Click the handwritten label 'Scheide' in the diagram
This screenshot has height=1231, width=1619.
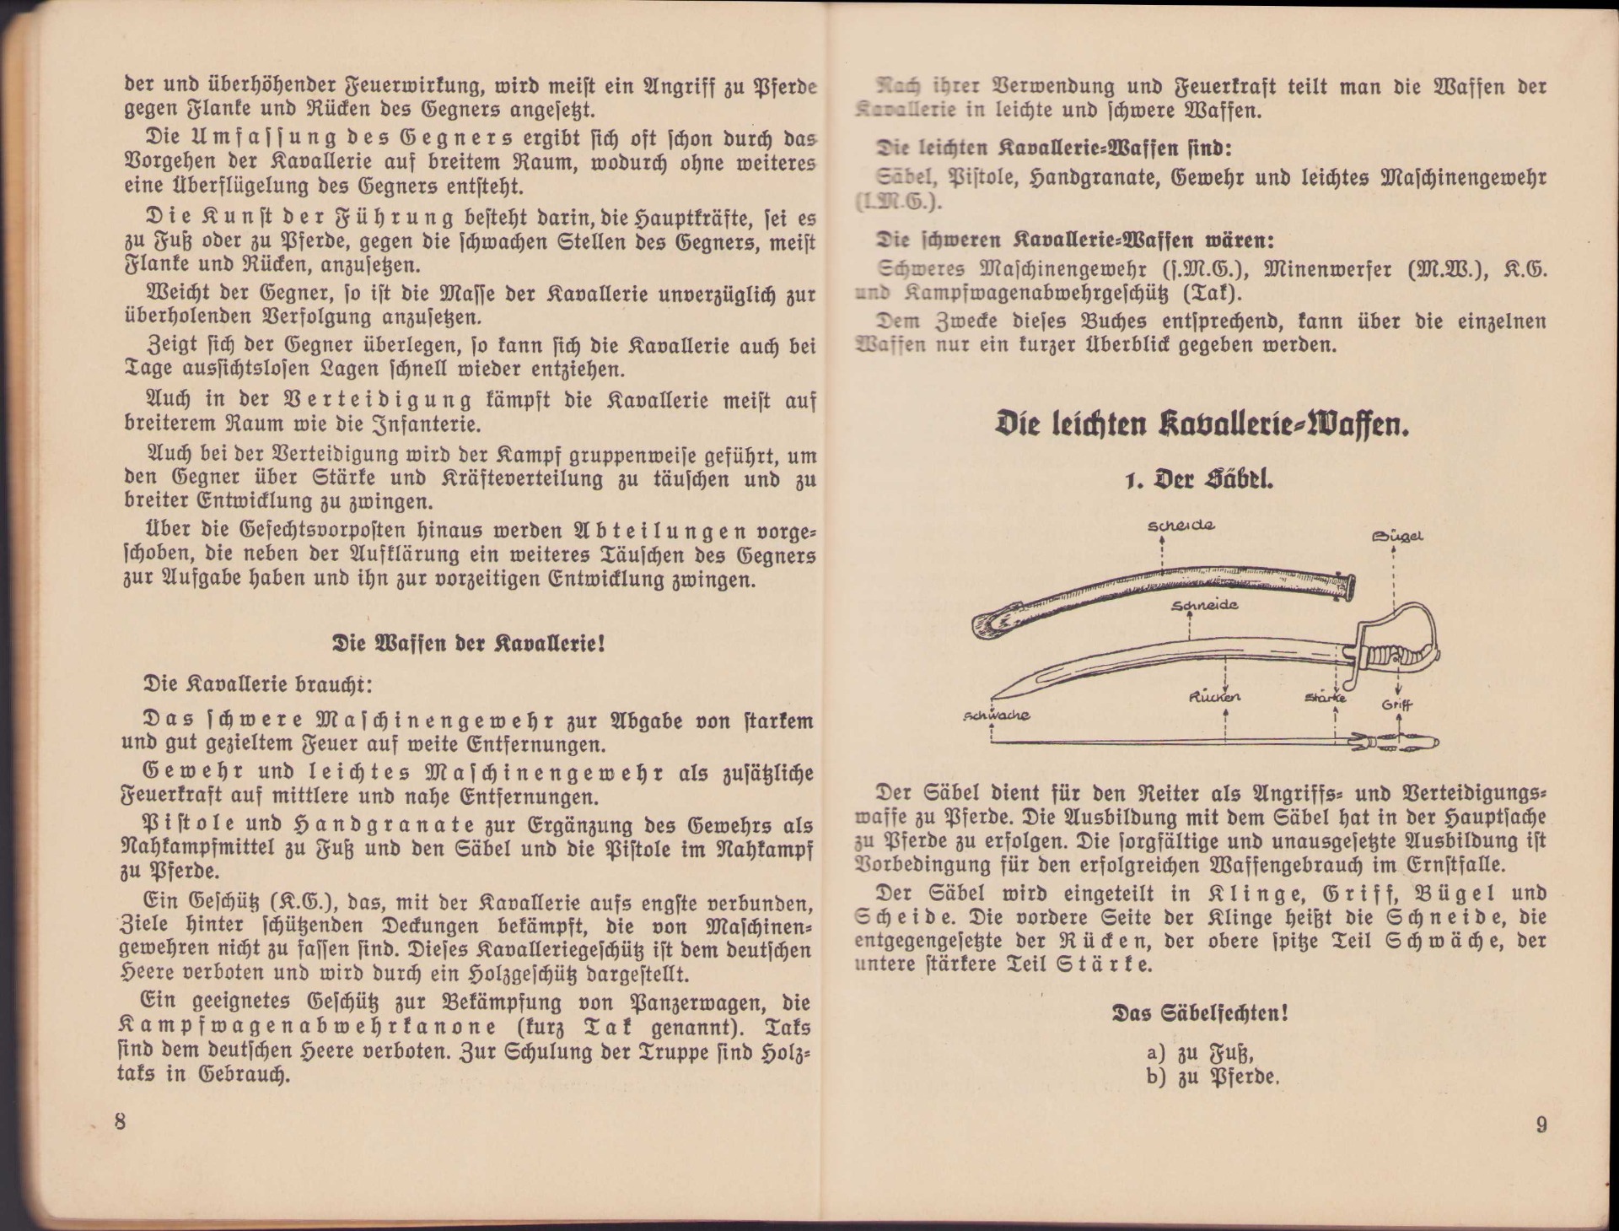(1181, 526)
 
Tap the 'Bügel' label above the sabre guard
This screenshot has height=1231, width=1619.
(1397, 535)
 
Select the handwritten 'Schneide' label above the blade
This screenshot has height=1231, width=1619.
(1204, 606)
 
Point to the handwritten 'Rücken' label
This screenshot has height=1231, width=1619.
(1214, 697)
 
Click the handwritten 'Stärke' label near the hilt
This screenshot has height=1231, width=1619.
(1325, 698)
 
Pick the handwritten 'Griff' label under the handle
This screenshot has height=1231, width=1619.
(1396, 705)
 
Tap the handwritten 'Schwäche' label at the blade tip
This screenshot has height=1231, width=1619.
(996, 715)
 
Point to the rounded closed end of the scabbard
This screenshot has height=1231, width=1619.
(988, 624)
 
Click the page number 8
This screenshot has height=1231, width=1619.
(120, 1122)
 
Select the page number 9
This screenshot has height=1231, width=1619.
(1541, 1125)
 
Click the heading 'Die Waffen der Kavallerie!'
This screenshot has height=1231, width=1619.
(469, 645)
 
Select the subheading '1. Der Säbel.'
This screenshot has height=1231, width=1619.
(1202, 480)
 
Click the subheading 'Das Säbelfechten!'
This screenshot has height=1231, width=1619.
(1201, 1013)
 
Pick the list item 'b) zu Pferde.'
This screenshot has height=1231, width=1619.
(1213, 1077)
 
